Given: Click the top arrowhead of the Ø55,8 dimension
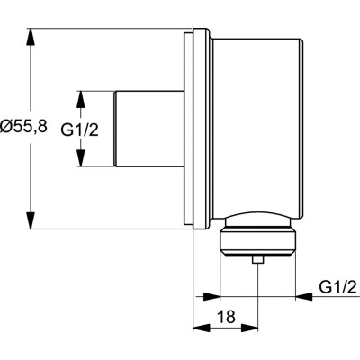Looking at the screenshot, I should click(32, 33).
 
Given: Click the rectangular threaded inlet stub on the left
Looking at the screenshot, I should click(148, 129).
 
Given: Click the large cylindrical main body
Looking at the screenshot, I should click(256, 126).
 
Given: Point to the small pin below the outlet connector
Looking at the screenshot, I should click(258, 261).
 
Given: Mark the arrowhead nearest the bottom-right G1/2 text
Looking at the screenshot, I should click(302, 295).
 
